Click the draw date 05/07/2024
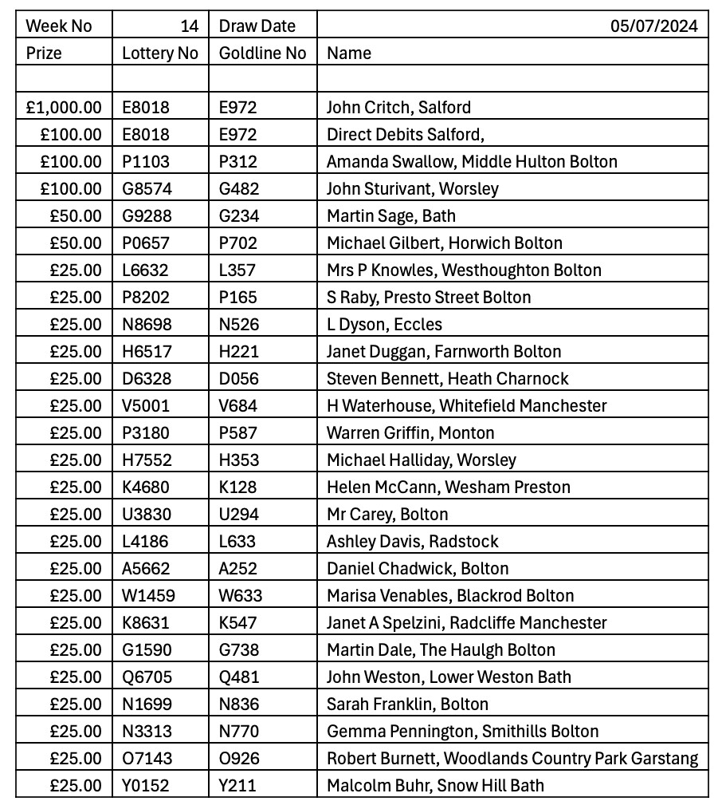[653, 26]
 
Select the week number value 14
[189, 26]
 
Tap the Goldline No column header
[262, 53]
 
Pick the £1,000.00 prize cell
[64, 107]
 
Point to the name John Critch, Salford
[398, 107]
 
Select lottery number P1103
[146, 161]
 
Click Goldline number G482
[238, 188]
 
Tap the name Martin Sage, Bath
[391, 215]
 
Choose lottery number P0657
[146, 243]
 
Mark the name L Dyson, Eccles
[384, 324]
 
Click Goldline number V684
[238, 405]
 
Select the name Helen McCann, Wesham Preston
[449, 487]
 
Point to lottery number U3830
[146, 514]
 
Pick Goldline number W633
[241, 595]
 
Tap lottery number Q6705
[147, 677]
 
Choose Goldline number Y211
[237, 785]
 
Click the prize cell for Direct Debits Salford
[72, 134]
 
